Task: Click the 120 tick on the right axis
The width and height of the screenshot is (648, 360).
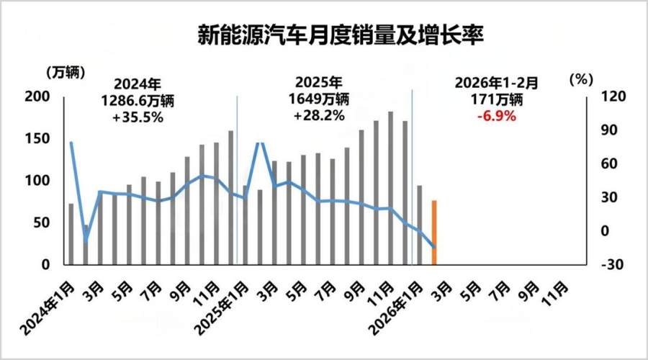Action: click(x=603, y=97)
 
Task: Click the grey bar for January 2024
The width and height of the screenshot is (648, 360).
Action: click(x=71, y=234)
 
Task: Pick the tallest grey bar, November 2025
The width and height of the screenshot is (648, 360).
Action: click(x=390, y=188)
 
